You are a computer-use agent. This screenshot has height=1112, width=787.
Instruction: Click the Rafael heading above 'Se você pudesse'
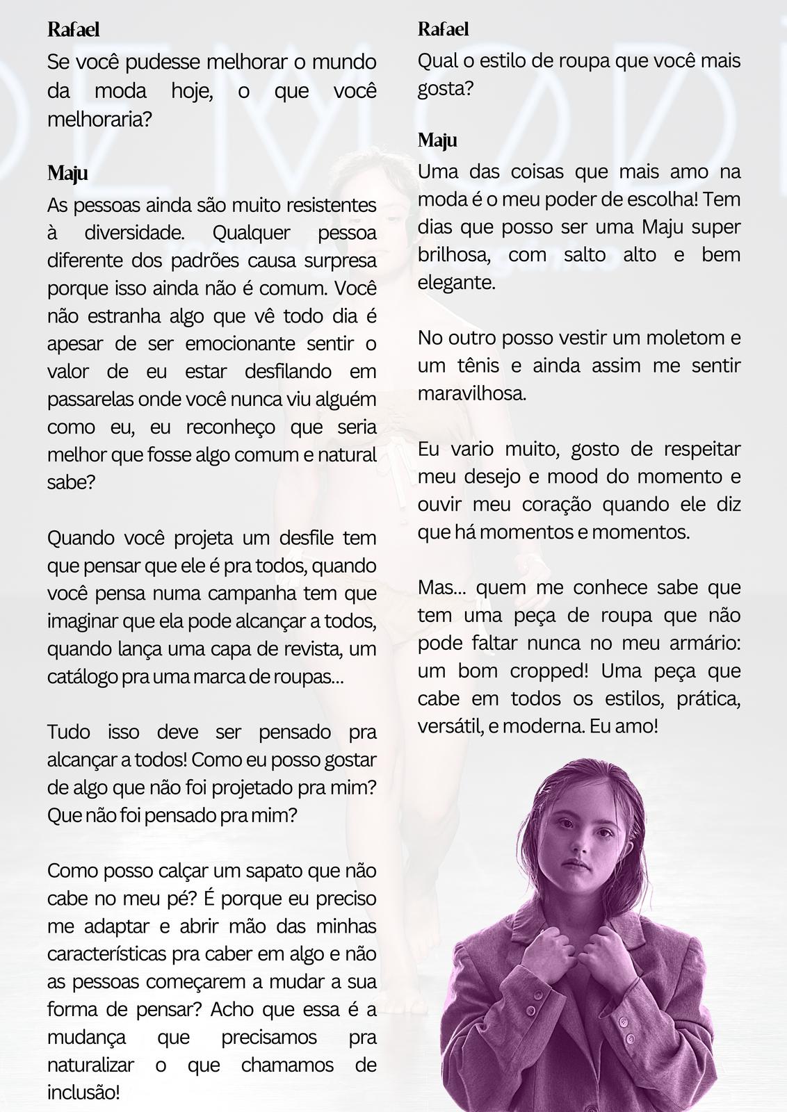(73, 30)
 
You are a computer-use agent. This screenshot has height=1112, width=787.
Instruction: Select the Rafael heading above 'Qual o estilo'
(443, 29)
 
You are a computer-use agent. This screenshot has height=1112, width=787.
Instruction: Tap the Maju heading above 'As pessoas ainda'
(67, 173)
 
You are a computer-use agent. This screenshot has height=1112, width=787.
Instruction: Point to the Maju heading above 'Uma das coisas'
(437, 140)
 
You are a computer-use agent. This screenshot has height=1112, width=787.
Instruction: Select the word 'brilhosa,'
(454, 255)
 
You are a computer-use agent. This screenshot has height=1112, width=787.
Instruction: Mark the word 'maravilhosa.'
(471, 394)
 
